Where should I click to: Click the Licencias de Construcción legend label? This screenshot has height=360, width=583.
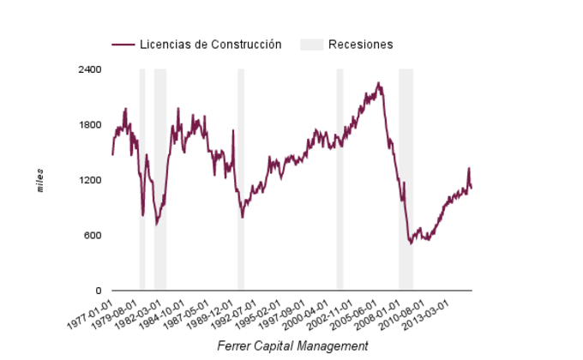tap(211, 45)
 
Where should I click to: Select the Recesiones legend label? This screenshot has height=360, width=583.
tap(361, 45)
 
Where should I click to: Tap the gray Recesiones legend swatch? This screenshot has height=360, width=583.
tap(311, 45)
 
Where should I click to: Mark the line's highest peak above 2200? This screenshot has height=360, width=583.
tap(379, 83)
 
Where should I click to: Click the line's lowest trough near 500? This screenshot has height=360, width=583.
tap(411, 243)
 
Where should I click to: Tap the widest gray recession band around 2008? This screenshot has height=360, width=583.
tap(406, 180)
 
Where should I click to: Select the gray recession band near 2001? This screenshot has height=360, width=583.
tap(340, 180)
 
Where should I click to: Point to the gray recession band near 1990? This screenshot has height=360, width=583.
tap(241, 180)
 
